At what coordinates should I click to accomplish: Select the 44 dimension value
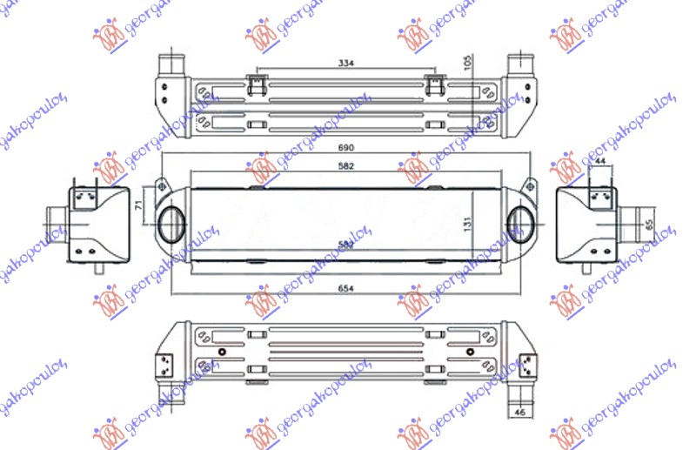click(x=601, y=161)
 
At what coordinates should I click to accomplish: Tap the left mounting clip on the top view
click(x=257, y=84)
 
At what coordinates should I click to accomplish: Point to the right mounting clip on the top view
click(x=435, y=84)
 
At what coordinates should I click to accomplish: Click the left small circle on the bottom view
click(x=222, y=353)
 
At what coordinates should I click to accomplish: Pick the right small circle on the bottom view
click(x=471, y=353)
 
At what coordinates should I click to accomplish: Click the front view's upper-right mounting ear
click(x=528, y=187)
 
